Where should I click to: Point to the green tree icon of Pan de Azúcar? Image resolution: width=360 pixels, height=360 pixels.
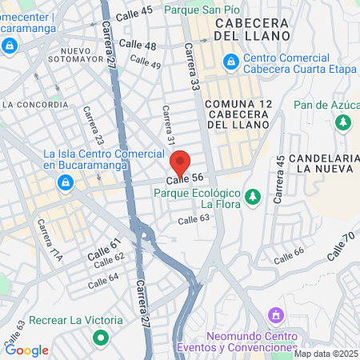342,122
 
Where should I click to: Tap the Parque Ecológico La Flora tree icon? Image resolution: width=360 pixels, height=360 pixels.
253,196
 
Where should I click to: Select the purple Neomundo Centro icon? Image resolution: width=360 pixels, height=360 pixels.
276,315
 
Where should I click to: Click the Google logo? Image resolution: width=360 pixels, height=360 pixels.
26,350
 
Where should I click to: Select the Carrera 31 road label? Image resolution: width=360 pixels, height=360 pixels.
169,126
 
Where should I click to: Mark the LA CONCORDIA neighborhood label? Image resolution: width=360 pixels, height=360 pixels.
34,104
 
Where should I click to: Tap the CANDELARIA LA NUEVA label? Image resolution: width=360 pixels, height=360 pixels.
322,162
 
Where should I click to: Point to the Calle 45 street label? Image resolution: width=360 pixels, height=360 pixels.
134,13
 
